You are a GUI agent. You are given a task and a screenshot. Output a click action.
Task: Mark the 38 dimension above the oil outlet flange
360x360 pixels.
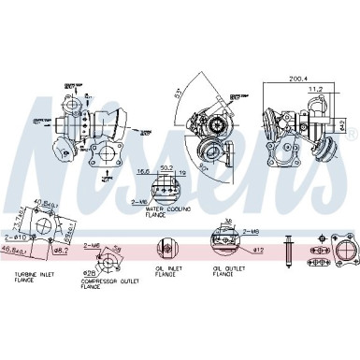click(230, 223)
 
